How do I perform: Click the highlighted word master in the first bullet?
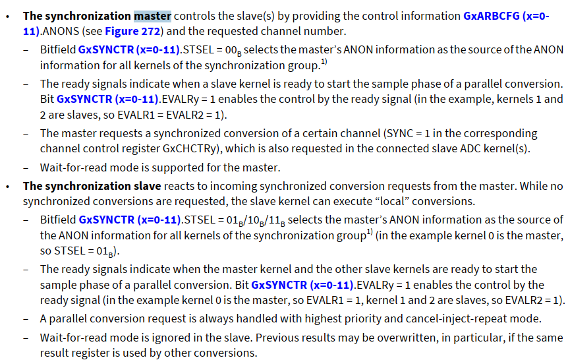152,16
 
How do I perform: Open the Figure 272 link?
142,31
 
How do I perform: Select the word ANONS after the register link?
58,31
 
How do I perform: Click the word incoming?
231,186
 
